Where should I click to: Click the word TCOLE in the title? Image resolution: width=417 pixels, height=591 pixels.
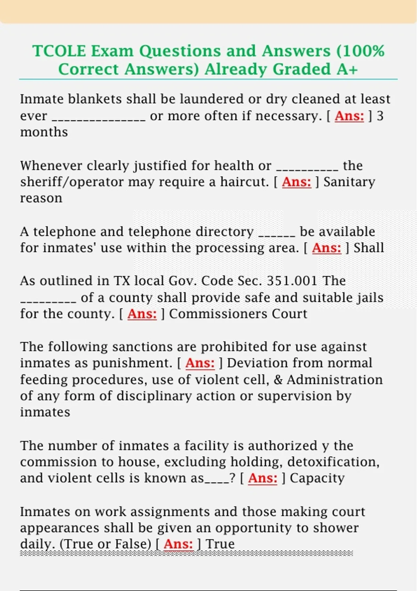pyautogui.click(x=59, y=51)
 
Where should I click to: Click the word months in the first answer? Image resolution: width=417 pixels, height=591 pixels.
pyautogui.click(x=44, y=132)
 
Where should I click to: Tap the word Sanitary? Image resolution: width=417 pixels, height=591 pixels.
pyautogui.click(x=349, y=182)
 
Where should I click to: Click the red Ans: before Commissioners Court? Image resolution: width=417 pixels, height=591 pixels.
pyautogui.click(x=142, y=314)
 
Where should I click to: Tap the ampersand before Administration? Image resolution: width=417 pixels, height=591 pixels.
pyautogui.click(x=278, y=380)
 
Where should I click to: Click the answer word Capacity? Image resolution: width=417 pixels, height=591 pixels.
pyautogui.click(x=317, y=478)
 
